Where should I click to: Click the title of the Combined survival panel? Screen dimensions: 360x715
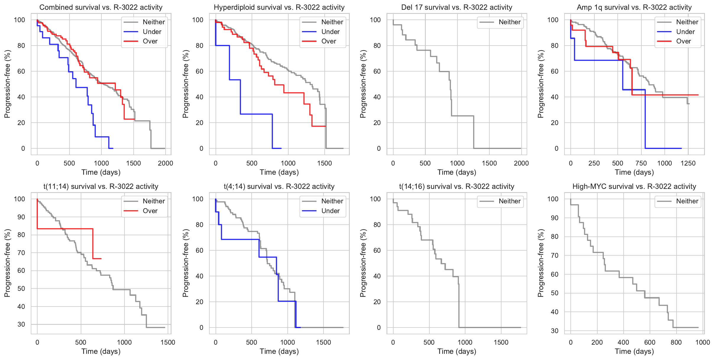[101, 7]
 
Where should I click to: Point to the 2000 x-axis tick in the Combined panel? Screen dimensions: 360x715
[165, 163]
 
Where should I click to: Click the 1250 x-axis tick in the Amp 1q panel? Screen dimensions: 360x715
[688, 163]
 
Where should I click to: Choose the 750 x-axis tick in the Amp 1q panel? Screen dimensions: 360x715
[641, 163]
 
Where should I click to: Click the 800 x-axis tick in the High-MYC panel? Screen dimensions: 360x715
[676, 342]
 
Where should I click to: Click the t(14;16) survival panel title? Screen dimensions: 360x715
[457, 187]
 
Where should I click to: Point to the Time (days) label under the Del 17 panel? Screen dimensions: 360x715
[457, 172]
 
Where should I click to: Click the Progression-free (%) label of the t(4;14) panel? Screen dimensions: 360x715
[185, 263]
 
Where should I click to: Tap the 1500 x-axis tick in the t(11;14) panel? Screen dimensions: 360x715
[168, 342]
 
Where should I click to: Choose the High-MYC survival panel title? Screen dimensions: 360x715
[634, 187]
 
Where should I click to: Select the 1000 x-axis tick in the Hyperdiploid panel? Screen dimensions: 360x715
[288, 163]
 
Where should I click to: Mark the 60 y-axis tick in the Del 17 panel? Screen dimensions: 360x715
[377, 71]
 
